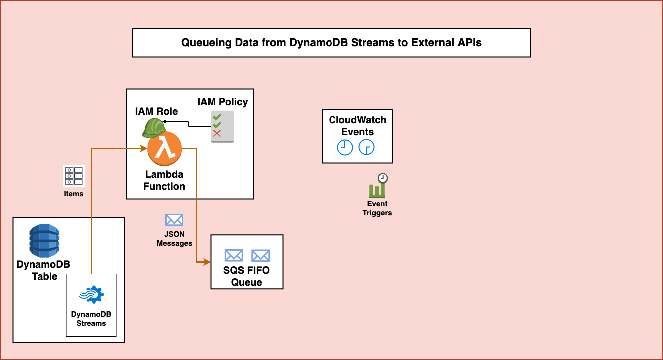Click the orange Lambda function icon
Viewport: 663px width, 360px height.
(x=164, y=148)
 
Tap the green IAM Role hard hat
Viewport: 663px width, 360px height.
(x=154, y=128)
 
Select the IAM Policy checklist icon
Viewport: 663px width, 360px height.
(x=222, y=127)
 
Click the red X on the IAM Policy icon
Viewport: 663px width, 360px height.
(x=217, y=133)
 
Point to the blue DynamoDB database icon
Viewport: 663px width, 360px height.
(x=44, y=240)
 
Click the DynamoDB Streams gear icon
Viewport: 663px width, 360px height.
(x=91, y=294)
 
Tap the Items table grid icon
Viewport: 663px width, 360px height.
(x=74, y=176)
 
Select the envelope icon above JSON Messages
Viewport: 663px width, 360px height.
(x=174, y=220)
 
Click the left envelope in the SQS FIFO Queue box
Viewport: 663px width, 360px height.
(x=234, y=255)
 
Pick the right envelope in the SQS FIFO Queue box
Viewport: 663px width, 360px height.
(x=260, y=255)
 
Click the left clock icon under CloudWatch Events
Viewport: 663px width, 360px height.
(x=345, y=147)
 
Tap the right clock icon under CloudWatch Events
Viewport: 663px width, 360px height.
(x=367, y=147)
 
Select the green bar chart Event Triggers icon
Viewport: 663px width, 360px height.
(x=378, y=186)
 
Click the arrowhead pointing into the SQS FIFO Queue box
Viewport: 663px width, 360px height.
(x=207, y=262)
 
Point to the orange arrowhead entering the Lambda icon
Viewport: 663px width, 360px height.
(x=144, y=148)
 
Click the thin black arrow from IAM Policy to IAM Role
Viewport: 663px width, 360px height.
(x=189, y=124)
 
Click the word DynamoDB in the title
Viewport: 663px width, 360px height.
(x=318, y=43)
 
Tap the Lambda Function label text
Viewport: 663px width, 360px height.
(x=164, y=180)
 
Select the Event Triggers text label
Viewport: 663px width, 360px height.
(x=377, y=208)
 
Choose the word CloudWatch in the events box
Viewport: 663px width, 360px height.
(x=357, y=120)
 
